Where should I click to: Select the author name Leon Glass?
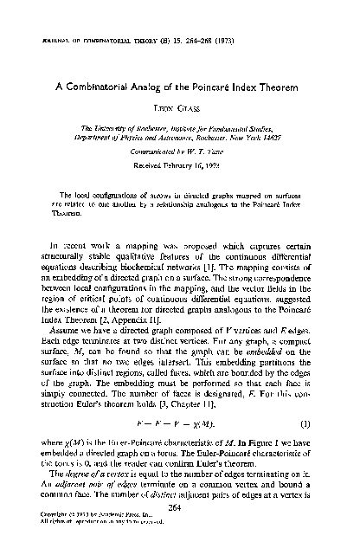click(179, 108)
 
